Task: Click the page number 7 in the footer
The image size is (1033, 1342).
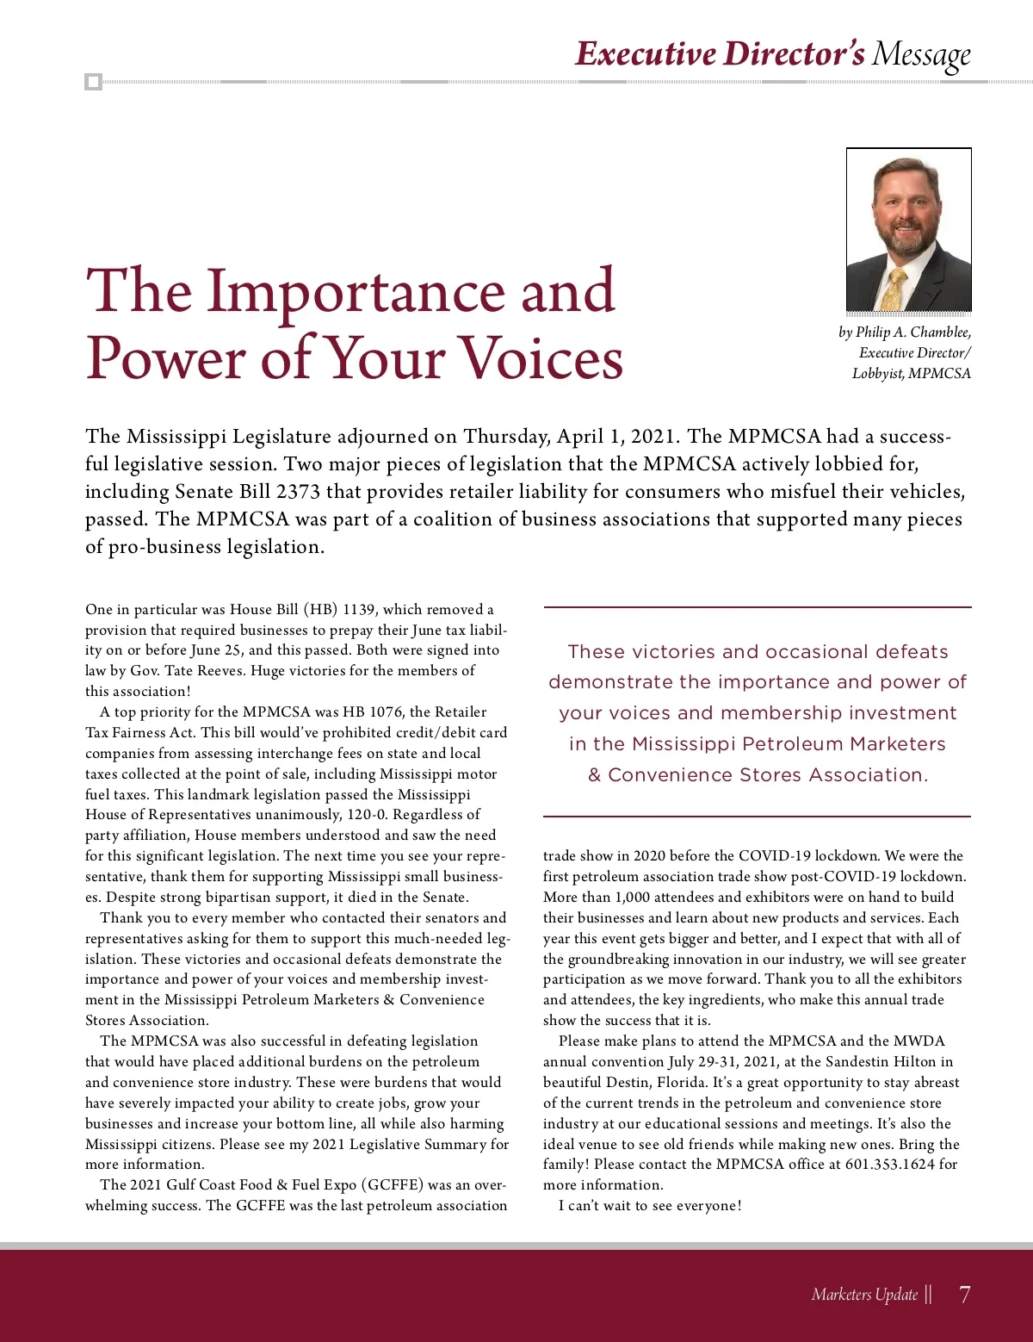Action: [964, 1294]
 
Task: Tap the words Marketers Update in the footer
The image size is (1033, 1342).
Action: [864, 1294]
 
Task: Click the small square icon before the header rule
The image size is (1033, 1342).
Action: [93, 83]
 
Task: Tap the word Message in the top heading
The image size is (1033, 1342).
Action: [921, 54]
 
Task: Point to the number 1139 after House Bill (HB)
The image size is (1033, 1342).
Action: [359, 609]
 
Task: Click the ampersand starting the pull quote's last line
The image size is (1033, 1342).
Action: [594, 775]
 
